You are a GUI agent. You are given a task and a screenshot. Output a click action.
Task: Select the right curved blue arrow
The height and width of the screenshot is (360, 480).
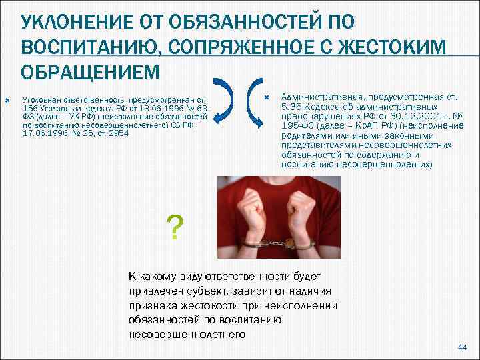[x=258, y=103]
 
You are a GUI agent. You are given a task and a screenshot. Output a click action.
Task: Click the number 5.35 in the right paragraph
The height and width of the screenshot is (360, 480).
[x=292, y=107]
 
